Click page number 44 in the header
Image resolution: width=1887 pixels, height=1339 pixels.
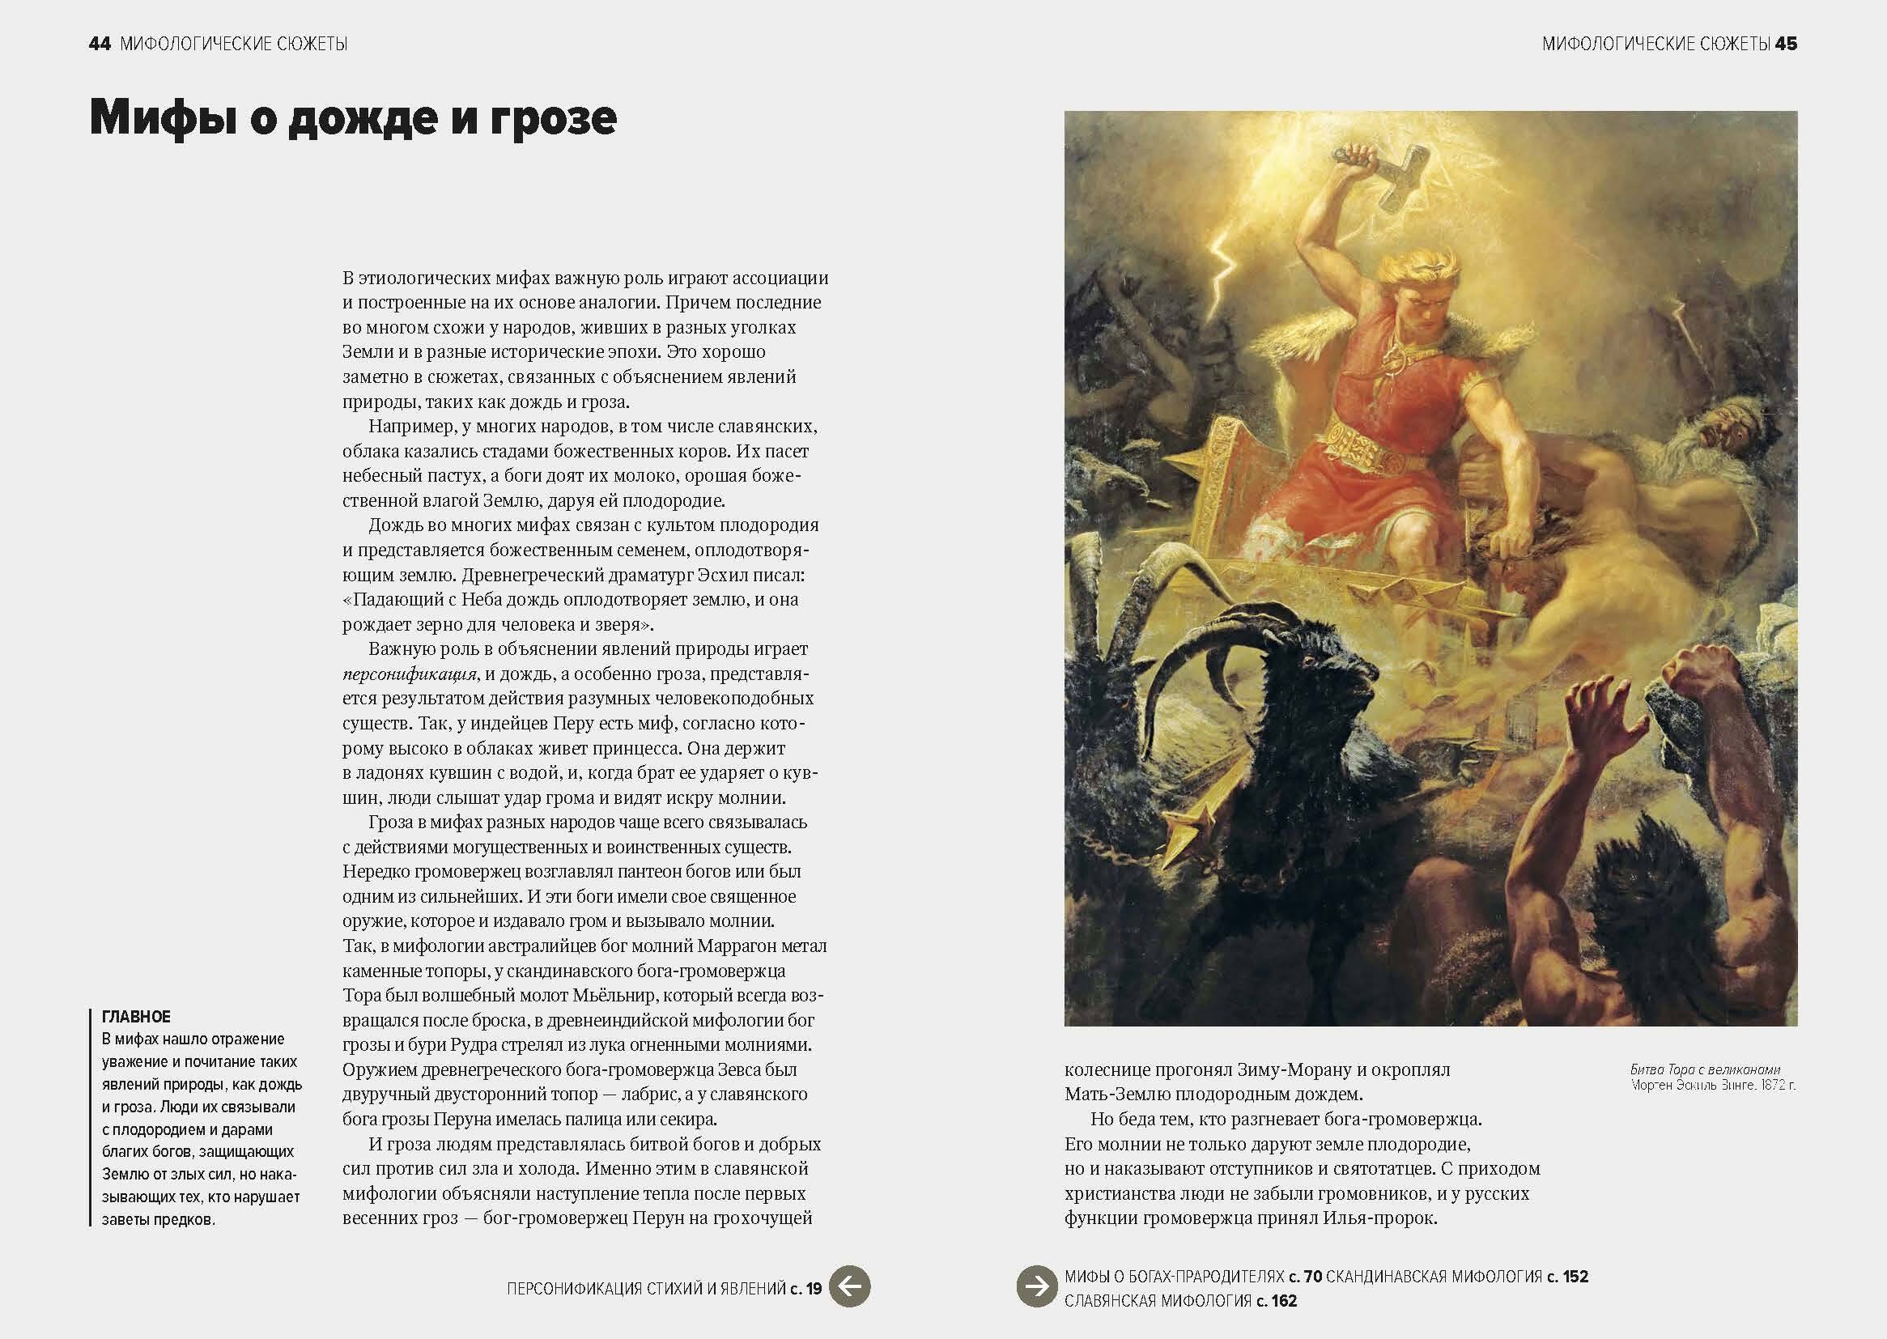99,44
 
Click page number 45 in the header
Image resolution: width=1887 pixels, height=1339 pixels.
1786,44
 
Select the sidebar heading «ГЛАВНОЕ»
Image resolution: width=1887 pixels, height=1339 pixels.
136,1017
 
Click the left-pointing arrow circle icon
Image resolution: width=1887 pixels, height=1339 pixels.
849,1286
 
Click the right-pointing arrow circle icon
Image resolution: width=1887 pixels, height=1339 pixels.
1037,1286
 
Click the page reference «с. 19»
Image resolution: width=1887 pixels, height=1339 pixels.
806,1289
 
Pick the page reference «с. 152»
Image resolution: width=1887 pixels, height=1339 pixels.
1567,1277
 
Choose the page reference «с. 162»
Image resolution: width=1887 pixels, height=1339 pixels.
1277,1301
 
